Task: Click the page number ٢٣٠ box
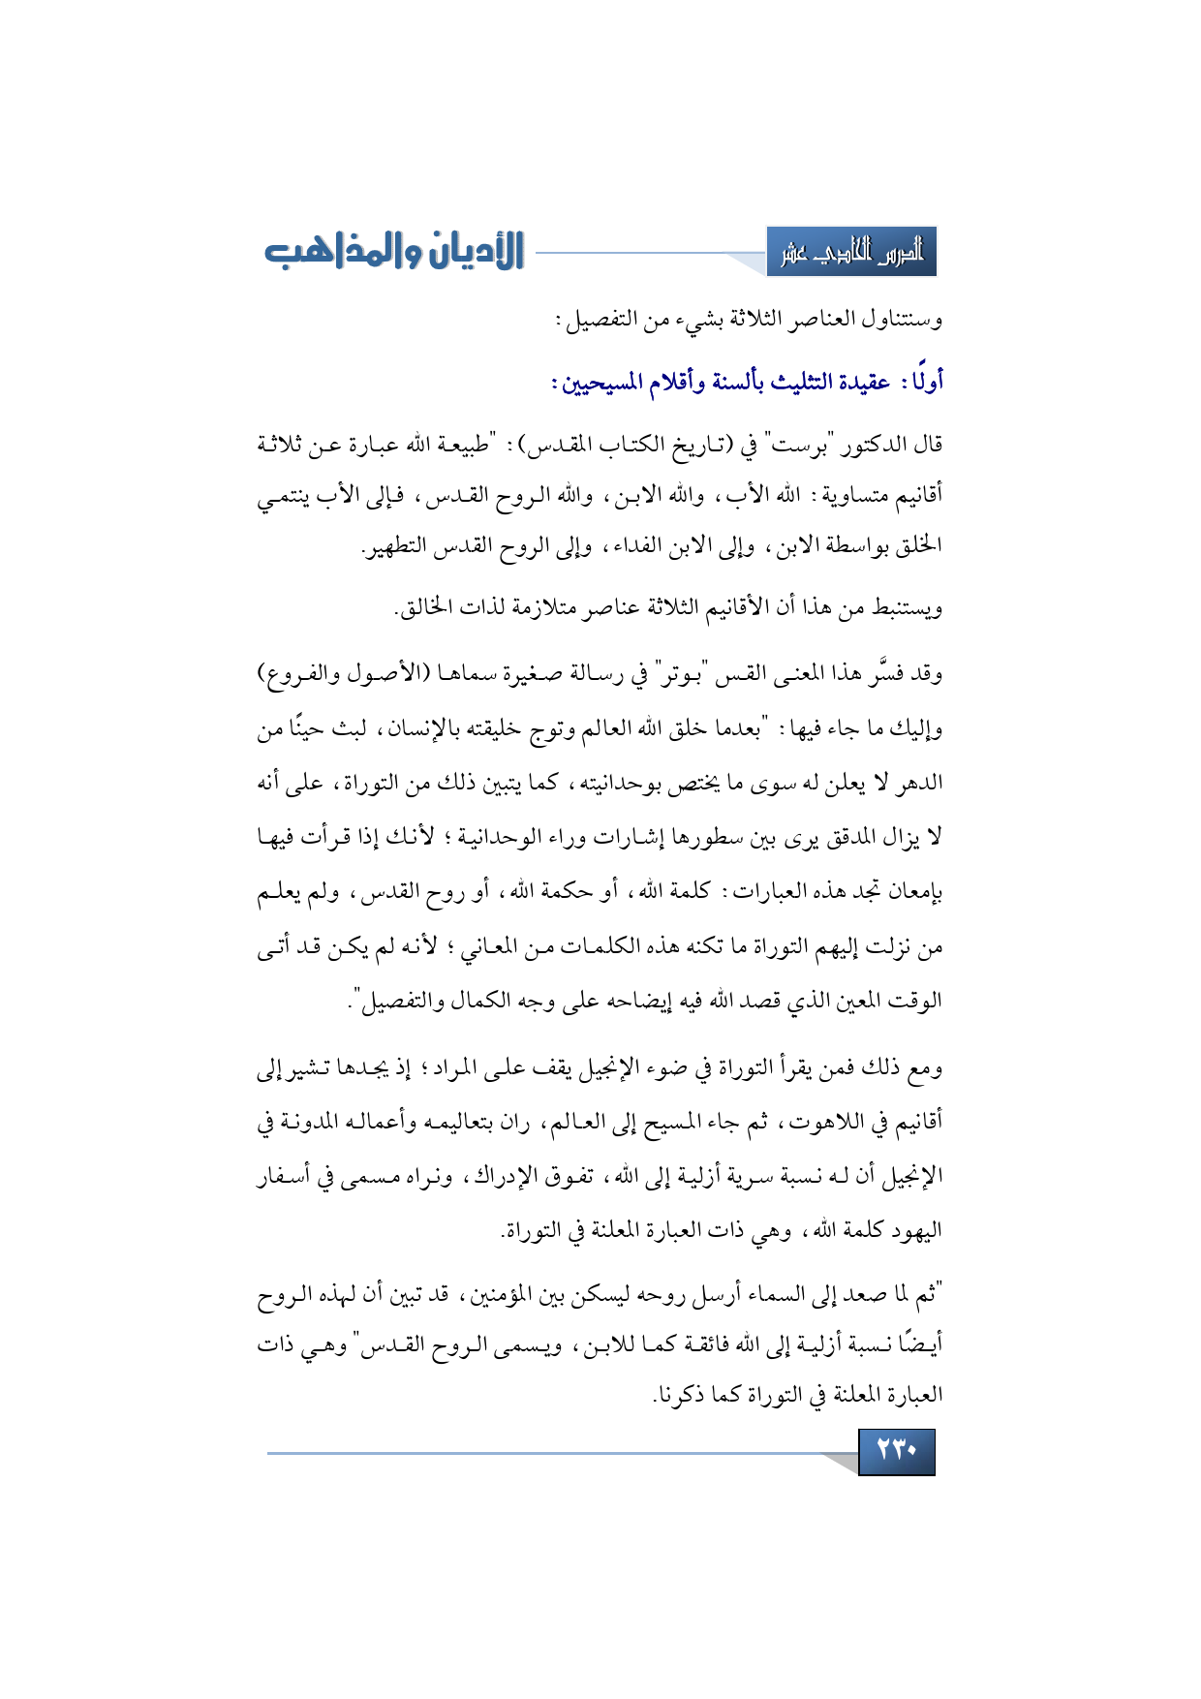(896, 1451)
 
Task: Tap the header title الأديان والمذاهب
(394, 252)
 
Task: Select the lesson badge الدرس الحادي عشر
(851, 253)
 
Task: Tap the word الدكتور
(848, 445)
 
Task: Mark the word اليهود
(915, 1231)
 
